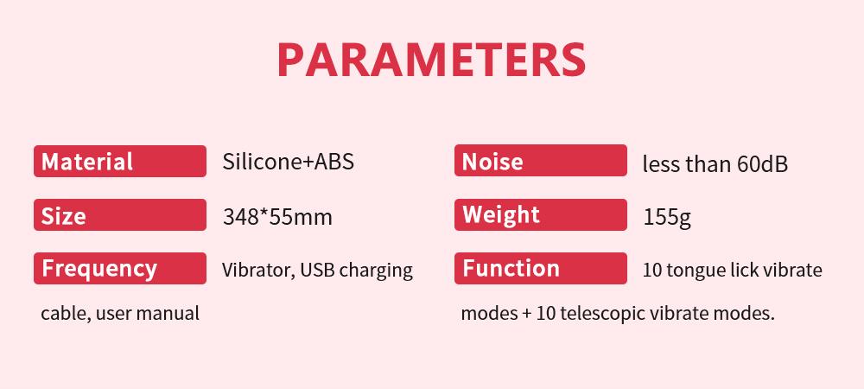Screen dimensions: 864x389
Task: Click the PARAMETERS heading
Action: pyautogui.click(x=431, y=60)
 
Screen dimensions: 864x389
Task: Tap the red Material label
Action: pyautogui.click(x=120, y=161)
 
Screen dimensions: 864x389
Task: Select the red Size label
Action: pyautogui.click(x=120, y=215)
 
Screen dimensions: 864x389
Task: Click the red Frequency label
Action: pyautogui.click(x=120, y=268)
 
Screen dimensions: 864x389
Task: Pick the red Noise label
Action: pyautogui.click(x=541, y=160)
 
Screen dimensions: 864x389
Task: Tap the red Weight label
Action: pyautogui.click(x=541, y=214)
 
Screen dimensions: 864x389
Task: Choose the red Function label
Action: pyautogui.click(x=541, y=268)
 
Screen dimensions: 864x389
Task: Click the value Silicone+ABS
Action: pyautogui.click(x=289, y=162)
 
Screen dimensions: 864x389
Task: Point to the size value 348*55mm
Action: pyautogui.click(x=277, y=217)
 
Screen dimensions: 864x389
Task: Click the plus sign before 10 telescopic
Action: pyautogui.click(x=527, y=314)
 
